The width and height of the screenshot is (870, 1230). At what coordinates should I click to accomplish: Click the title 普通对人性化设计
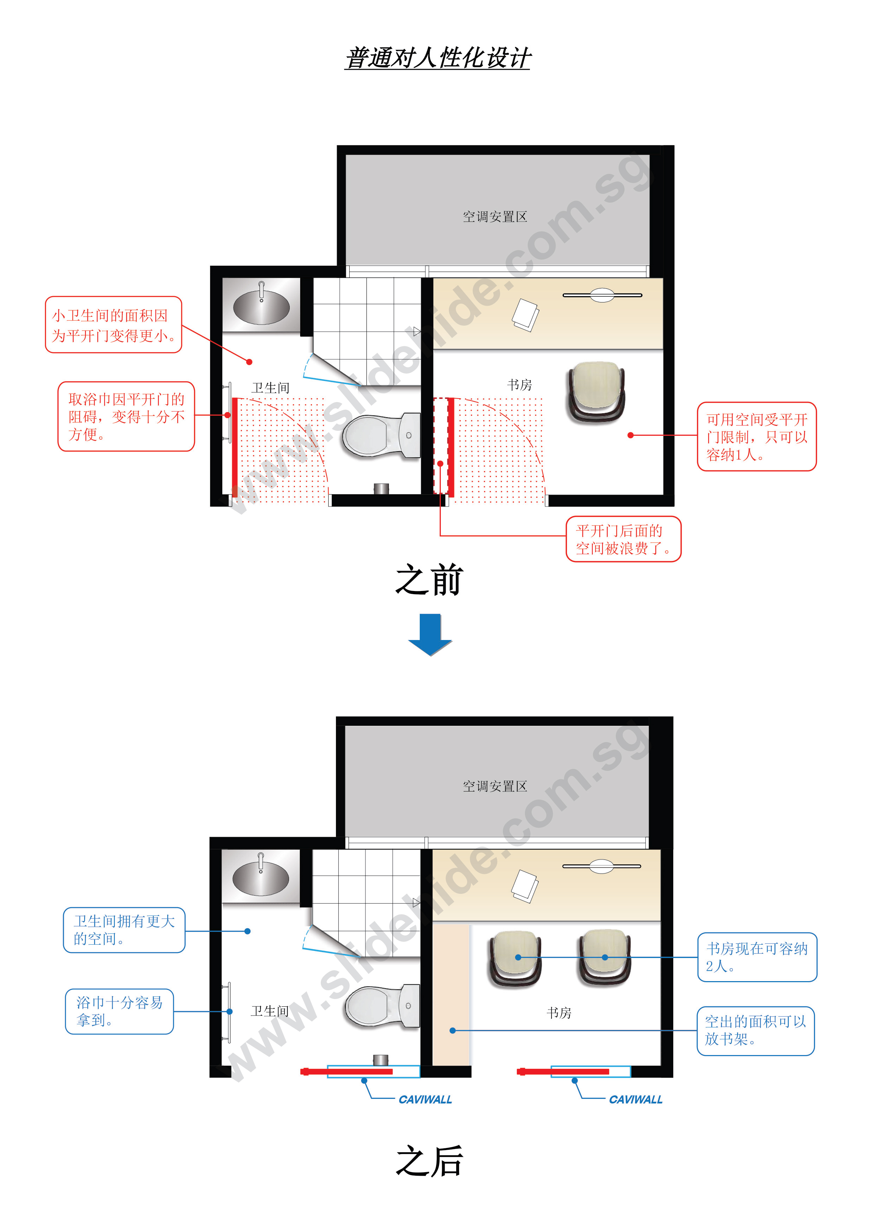(x=437, y=58)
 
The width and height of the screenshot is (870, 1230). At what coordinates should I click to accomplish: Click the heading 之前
(x=429, y=580)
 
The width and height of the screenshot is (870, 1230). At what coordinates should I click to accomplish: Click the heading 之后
(x=429, y=1161)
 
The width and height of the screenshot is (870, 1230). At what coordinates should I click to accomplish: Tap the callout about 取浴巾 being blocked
(x=126, y=416)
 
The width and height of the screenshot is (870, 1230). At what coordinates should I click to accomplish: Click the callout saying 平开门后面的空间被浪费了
(x=623, y=539)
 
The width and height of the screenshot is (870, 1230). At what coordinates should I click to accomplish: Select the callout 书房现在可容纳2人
(x=757, y=957)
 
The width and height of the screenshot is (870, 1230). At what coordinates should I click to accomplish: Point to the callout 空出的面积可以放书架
(x=756, y=1031)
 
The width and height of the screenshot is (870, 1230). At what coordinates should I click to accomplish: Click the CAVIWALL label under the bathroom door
(x=425, y=1100)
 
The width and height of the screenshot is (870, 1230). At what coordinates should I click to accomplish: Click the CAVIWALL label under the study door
(x=636, y=1100)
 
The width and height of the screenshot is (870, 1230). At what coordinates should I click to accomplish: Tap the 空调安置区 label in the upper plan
(x=495, y=217)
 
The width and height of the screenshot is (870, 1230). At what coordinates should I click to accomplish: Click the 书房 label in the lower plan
(x=559, y=1013)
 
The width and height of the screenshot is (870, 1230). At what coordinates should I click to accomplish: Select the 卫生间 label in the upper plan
(x=271, y=388)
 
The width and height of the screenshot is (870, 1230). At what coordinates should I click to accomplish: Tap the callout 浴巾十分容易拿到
(x=120, y=1011)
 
